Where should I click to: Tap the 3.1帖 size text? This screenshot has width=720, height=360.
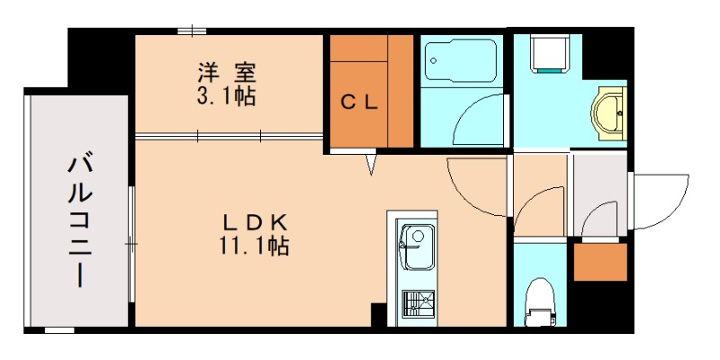(225, 95)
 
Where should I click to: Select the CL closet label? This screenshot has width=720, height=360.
(359, 102)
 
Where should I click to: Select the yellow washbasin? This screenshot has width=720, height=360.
(607, 112)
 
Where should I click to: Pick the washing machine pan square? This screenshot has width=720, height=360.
(550, 52)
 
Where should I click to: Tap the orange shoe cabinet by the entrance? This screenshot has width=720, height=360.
(600, 262)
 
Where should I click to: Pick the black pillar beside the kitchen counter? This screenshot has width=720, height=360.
(378, 315)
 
